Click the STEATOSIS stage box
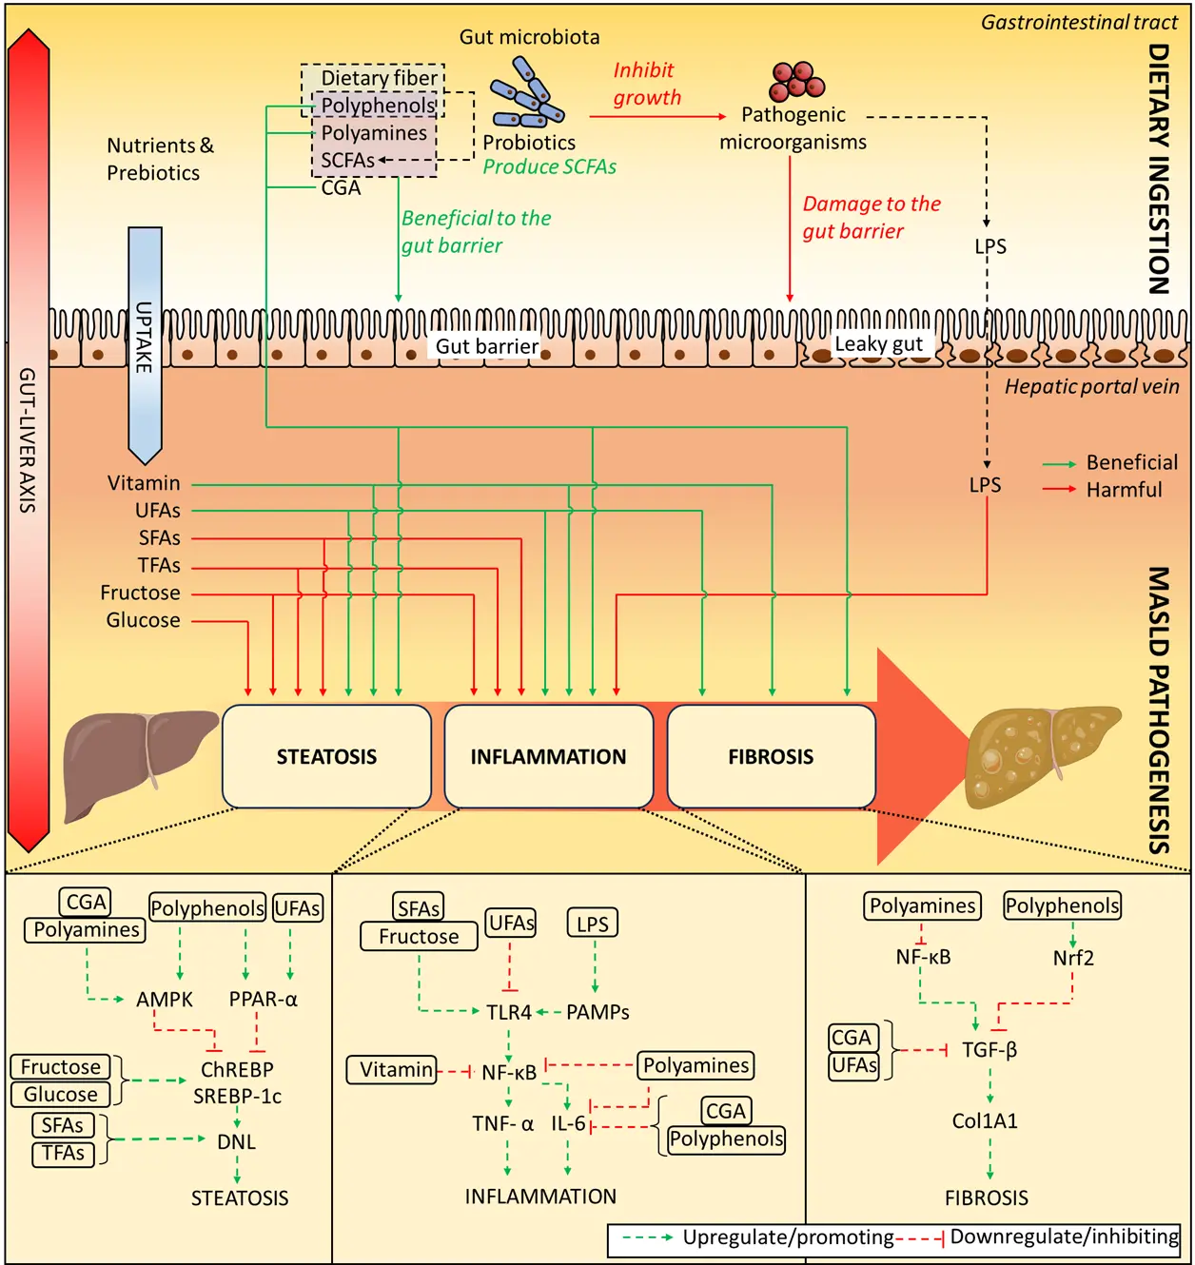point(326,756)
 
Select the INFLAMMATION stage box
point(549,756)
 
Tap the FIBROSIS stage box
point(772,756)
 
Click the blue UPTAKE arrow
point(145,342)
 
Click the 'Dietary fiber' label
point(379,78)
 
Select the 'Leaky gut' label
point(878,344)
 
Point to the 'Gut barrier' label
point(487,346)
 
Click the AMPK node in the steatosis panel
point(165,1000)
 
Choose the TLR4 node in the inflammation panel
point(509,1013)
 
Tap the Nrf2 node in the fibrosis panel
point(1073,958)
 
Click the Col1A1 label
point(985,1121)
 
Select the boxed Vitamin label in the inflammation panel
point(396,1070)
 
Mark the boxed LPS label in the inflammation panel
point(592,924)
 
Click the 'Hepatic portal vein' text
point(1091,386)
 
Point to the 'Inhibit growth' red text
point(647,84)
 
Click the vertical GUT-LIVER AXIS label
point(28,439)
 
